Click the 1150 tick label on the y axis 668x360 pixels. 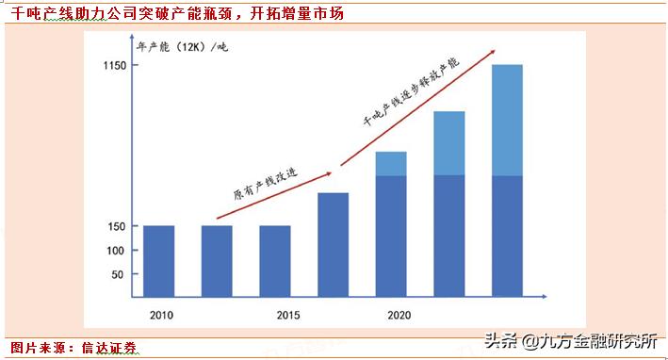coord(114,65)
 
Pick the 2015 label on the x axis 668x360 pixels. coord(274,315)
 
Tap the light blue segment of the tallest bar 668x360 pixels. coord(508,120)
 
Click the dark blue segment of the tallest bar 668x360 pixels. coord(508,237)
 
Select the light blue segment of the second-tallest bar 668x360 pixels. coord(449,143)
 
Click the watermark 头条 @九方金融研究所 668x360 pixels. coord(570,340)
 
